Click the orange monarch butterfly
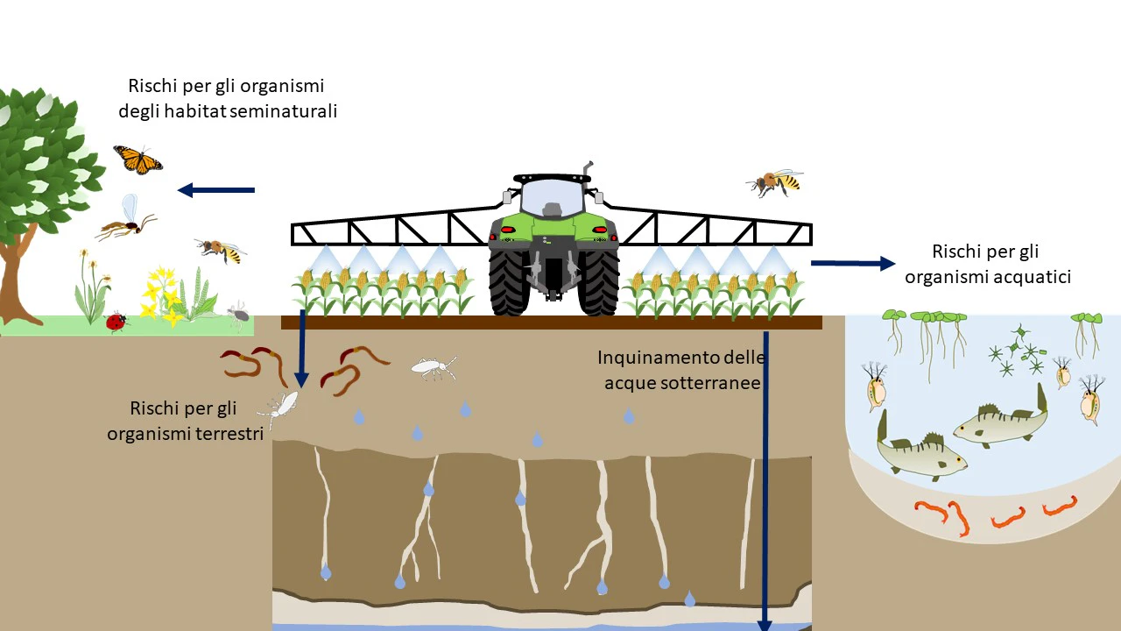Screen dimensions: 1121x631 (x=138, y=160)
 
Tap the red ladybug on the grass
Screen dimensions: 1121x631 (x=116, y=322)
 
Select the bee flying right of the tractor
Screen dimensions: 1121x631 (x=775, y=182)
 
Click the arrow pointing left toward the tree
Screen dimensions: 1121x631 (x=216, y=190)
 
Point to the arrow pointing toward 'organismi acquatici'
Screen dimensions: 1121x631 (x=853, y=264)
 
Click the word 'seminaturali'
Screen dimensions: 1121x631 (x=283, y=111)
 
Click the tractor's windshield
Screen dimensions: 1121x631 (x=552, y=198)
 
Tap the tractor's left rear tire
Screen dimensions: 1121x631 (x=509, y=282)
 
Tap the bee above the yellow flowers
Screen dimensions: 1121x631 (x=221, y=251)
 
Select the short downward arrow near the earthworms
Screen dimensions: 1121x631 (x=302, y=349)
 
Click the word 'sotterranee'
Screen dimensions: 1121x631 (x=682, y=383)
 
